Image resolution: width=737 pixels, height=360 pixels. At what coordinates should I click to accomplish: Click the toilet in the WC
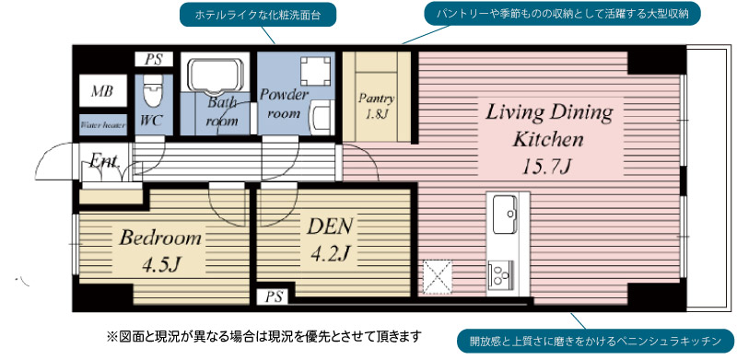coord(151,91)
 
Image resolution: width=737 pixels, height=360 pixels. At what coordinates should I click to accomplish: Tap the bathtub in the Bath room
coord(216,73)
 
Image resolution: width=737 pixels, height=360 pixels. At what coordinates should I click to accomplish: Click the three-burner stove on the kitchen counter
coord(499,273)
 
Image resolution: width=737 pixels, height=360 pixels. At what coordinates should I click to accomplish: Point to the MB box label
coord(102,91)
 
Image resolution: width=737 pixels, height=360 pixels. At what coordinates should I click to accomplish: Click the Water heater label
coord(102,125)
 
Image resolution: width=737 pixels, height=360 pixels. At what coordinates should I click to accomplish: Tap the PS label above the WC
coord(153,60)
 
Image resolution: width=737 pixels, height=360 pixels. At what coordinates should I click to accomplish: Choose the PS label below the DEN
coord(275,297)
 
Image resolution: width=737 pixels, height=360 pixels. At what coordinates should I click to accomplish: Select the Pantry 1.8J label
coord(376,106)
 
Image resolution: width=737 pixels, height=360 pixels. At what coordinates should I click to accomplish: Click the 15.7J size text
coord(547,166)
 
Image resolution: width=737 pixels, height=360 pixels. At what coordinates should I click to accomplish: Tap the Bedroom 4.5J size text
coord(161,265)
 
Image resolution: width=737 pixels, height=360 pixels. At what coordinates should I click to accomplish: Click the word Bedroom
coord(160,238)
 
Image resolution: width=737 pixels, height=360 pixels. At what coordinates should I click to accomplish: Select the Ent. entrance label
coord(104,162)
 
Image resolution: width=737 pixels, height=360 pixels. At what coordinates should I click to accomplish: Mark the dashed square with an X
coord(437,277)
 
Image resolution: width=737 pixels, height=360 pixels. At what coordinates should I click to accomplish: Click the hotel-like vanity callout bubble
coord(258,15)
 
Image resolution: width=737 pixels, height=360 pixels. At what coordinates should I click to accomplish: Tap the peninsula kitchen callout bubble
coord(595,341)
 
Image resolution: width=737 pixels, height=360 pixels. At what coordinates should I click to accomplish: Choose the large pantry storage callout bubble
coord(562,14)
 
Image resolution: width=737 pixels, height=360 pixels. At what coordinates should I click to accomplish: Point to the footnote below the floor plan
coord(263,336)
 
